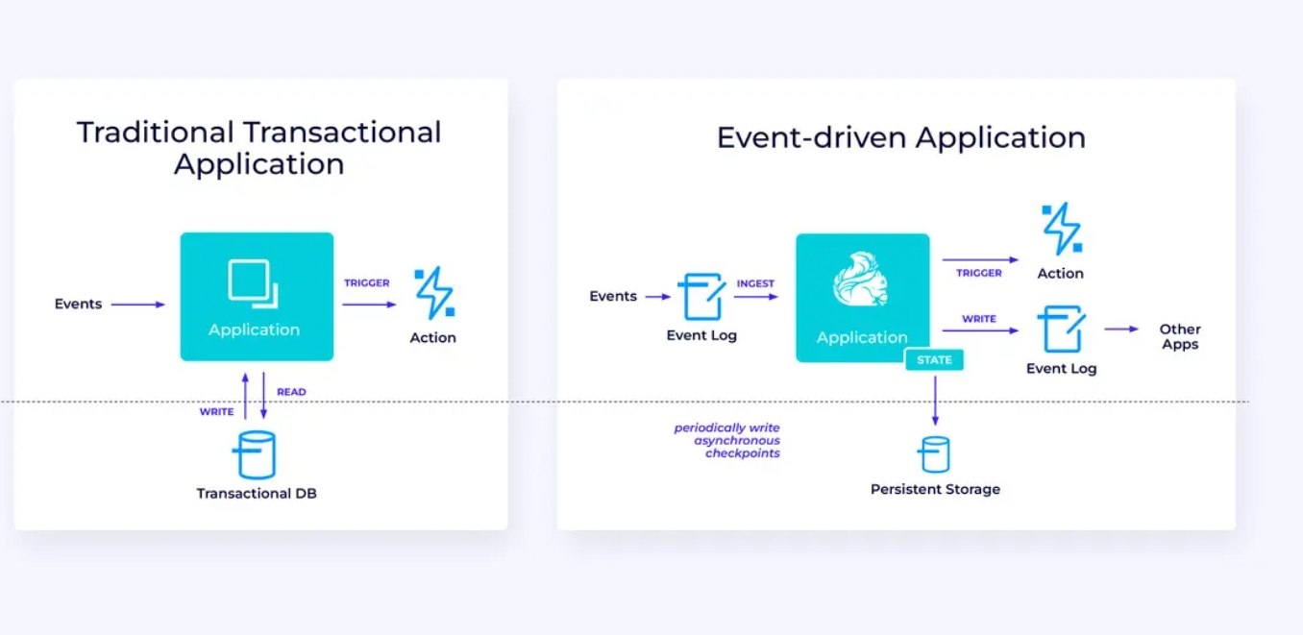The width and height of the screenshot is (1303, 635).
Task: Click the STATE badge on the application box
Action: (x=934, y=360)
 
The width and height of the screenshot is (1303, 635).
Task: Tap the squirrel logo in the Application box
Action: (x=861, y=279)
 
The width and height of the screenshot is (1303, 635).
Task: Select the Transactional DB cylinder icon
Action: (x=255, y=454)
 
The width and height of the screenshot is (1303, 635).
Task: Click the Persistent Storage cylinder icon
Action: (x=934, y=454)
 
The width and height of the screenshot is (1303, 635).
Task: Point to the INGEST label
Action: (x=755, y=283)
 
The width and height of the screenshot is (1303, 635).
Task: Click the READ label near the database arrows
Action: (x=291, y=392)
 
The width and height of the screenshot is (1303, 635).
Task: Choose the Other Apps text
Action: (x=1180, y=336)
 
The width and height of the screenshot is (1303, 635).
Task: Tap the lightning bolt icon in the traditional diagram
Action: (x=435, y=293)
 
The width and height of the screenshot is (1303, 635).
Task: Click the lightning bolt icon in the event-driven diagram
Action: (x=1062, y=229)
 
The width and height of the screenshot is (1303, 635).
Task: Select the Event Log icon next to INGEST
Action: (x=701, y=297)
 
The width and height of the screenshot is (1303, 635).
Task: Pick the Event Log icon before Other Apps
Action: (x=1062, y=330)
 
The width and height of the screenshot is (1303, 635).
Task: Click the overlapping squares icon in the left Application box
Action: (x=254, y=283)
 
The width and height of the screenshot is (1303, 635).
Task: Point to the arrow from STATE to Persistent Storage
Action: (x=935, y=401)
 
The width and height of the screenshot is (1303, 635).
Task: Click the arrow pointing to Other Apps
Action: (x=1121, y=330)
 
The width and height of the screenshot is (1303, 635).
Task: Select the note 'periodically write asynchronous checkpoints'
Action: (x=727, y=440)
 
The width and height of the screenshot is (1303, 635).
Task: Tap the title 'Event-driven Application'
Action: (x=901, y=137)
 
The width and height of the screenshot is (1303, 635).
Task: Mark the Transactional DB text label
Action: (x=257, y=493)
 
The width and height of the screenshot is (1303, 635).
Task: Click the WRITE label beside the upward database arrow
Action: (x=216, y=412)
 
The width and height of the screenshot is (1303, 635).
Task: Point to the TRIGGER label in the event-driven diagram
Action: (x=979, y=273)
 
